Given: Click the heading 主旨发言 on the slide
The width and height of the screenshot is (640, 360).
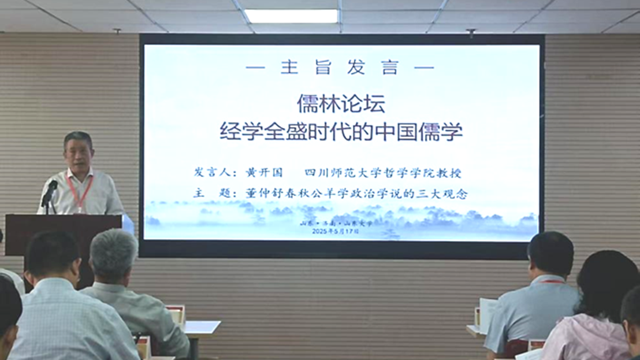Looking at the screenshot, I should (340, 68).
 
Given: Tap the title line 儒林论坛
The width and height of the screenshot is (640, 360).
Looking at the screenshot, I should (340, 104).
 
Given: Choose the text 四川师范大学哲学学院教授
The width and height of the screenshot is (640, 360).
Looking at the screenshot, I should (383, 173).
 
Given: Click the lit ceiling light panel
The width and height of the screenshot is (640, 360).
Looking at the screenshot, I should (291, 16).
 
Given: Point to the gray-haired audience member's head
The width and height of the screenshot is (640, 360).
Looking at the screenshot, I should (113, 254).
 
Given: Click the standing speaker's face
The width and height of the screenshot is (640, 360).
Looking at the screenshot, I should (79, 153).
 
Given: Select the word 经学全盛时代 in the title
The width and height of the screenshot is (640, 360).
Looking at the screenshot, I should (271, 132).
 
